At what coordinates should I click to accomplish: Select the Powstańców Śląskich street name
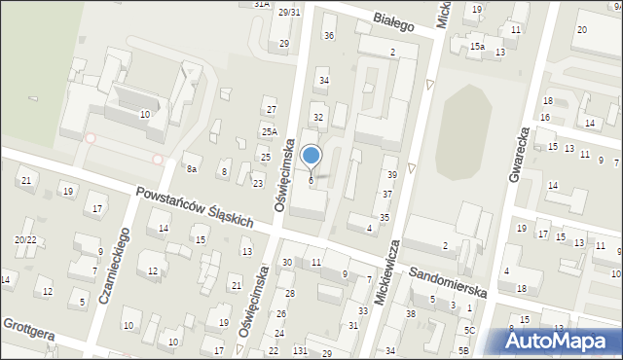(195, 207)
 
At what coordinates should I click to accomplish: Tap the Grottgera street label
(27, 330)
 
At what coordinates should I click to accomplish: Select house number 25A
(269, 131)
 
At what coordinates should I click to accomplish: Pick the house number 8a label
(193, 169)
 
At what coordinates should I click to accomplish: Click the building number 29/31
(289, 12)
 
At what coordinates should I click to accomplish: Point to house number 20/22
(25, 239)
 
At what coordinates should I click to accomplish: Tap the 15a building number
(477, 46)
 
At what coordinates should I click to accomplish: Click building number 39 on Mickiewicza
(392, 174)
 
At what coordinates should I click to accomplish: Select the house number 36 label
(329, 36)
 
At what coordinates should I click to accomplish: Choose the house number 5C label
(468, 331)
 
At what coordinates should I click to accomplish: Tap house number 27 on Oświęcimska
(272, 110)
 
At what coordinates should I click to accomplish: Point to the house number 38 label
(411, 313)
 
